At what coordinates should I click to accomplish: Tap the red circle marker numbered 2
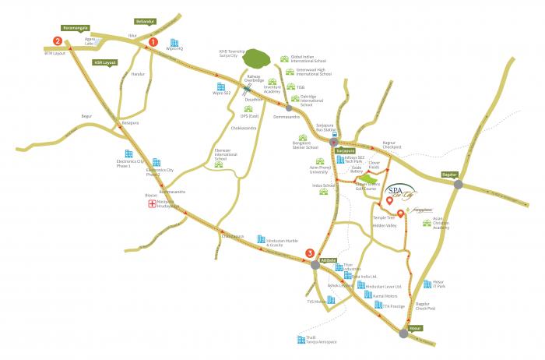pos(56,41)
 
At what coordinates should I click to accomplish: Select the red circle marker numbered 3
pos(311,252)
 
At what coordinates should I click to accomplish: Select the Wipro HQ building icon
pos(174,43)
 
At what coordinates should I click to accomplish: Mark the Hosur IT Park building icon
pos(427,284)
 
